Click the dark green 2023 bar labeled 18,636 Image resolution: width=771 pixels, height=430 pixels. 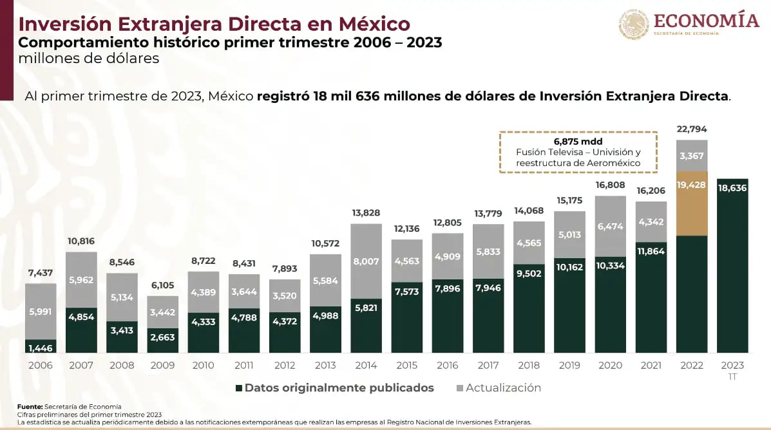pos(732,265)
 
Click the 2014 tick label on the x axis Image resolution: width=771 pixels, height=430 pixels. pos(366,365)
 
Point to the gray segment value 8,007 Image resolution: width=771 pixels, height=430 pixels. pos(366,261)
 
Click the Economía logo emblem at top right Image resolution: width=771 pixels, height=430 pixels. pos(634,24)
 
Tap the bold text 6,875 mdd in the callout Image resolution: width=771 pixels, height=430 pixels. pos(578,140)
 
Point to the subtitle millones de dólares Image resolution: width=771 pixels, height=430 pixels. pos(89,59)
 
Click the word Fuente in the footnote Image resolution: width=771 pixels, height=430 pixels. pos(30,406)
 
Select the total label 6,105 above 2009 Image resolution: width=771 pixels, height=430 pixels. pos(163,286)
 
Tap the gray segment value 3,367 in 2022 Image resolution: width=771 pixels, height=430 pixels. pos(692,155)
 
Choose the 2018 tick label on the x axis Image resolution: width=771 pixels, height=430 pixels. pos(529,365)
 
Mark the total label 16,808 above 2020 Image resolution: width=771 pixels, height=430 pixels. pos(611,185)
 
